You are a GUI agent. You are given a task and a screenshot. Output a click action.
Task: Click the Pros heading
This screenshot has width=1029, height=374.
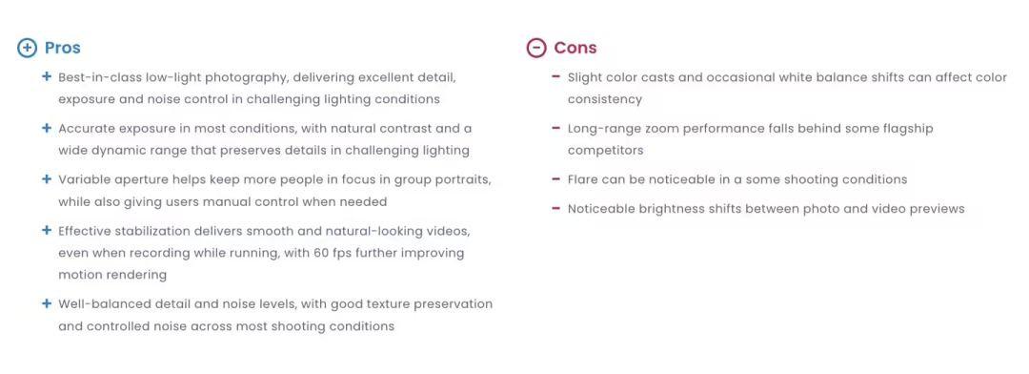(62, 48)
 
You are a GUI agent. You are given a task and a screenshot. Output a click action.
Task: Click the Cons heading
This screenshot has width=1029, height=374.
(575, 48)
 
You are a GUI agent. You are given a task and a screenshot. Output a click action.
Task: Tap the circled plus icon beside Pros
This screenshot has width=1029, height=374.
(27, 48)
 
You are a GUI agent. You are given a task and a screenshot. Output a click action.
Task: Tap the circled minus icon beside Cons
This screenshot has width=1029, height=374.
(536, 48)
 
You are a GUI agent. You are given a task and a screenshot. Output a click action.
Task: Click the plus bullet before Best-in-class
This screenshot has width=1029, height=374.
(47, 77)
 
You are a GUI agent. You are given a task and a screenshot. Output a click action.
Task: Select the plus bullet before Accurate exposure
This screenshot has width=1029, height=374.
(47, 128)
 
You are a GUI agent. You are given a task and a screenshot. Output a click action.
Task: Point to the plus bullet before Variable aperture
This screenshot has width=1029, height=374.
(47, 178)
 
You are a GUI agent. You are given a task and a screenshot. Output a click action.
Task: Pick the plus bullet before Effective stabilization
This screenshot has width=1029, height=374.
(47, 231)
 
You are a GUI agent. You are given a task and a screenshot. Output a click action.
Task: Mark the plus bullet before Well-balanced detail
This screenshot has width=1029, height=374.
(47, 303)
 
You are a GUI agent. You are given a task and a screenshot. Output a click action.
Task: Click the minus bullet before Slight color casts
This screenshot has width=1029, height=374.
(555, 77)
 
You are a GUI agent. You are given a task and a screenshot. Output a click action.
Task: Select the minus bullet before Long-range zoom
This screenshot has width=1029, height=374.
(555, 128)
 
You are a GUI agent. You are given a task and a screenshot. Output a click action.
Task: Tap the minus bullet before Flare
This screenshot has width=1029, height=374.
(555, 178)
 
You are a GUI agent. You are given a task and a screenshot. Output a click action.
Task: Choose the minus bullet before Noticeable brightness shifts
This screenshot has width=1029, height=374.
(555, 208)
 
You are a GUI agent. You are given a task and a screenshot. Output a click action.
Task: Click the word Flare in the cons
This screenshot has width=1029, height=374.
(583, 179)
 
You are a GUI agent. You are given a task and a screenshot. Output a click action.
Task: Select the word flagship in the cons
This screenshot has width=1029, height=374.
(906, 130)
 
